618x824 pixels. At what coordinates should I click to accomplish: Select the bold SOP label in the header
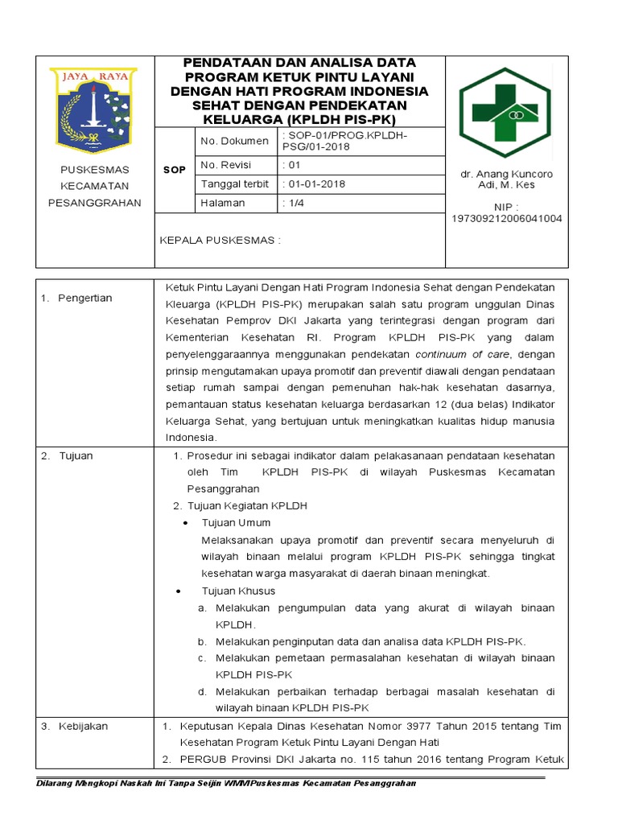coord(175,171)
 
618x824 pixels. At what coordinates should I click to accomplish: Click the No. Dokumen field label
coord(234,141)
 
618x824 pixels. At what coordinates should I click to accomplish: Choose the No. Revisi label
coord(226,165)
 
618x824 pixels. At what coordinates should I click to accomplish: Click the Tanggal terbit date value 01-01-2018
coord(315,184)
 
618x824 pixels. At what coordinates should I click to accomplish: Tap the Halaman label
coord(223,203)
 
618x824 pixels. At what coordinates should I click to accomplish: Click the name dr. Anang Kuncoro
coord(506,174)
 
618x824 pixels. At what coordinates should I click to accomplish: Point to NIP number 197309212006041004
coord(507,218)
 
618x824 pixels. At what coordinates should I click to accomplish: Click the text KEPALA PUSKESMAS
coord(220,240)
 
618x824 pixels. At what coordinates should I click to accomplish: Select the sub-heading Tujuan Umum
coord(237,522)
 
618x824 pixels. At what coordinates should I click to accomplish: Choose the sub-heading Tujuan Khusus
coord(238,591)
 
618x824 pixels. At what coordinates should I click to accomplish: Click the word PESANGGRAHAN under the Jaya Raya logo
coord(94,203)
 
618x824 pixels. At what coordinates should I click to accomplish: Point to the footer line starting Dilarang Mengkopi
coord(226,784)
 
